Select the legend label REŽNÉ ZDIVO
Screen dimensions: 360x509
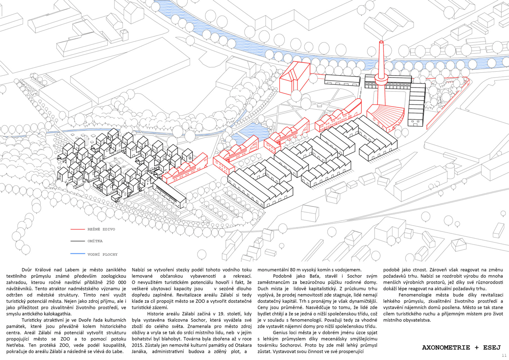(99, 230)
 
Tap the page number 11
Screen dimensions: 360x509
(504, 355)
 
